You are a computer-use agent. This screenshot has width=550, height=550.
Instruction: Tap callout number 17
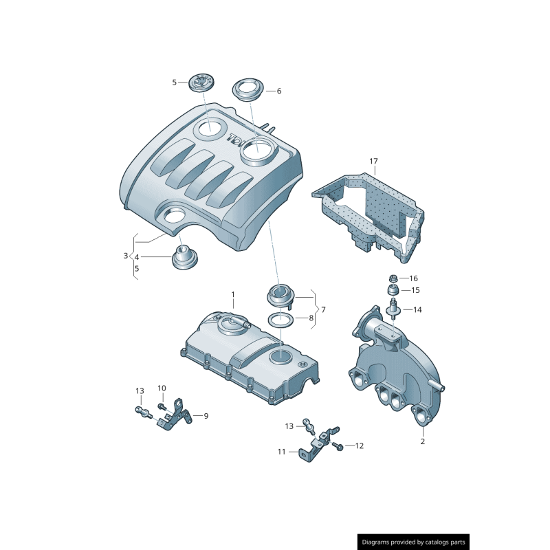coord(373,162)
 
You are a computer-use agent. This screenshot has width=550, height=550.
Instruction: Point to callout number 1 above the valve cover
coord(232,295)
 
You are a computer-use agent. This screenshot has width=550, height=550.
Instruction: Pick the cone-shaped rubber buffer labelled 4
coord(184,258)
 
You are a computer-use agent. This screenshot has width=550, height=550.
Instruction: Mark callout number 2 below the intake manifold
coord(422,441)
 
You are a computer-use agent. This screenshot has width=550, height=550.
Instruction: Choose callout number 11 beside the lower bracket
coord(281,452)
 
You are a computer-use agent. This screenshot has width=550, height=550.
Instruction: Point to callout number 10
coord(162,388)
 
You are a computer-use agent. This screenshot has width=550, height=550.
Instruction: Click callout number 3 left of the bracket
coord(126,256)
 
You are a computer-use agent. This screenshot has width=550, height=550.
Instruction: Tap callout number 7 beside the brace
coord(323,309)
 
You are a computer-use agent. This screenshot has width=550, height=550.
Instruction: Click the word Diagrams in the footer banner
coord(379,542)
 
